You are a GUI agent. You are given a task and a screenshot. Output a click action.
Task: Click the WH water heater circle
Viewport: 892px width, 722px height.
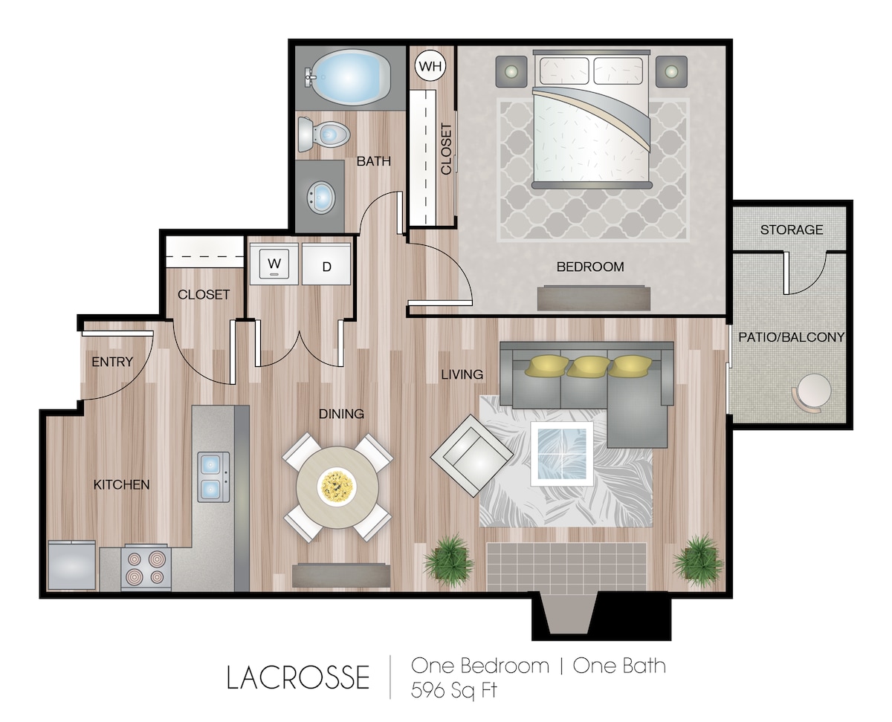(430, 65)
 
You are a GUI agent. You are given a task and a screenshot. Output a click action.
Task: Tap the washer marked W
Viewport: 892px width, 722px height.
(274, 264)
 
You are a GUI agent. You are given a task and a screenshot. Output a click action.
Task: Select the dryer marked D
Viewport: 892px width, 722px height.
(326, 264)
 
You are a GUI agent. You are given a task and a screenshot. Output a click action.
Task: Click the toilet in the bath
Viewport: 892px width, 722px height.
(323, 134)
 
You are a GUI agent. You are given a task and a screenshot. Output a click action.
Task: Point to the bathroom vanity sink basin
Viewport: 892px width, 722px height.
(321, 197)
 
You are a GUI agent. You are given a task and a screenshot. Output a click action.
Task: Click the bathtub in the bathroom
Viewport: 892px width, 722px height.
(349, 77)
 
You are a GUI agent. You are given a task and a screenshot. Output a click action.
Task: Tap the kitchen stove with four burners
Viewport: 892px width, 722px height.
(146, 567)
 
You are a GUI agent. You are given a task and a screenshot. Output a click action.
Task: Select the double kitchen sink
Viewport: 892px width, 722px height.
(213, 477)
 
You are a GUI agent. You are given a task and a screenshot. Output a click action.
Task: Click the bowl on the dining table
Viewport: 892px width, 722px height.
(337, 487)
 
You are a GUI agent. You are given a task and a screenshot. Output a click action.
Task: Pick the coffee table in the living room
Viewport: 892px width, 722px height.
(561, 454)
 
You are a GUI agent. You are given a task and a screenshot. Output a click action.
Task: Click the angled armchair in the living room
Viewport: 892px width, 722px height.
(472, 455)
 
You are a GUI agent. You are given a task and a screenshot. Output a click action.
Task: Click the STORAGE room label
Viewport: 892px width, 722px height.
(792, 230)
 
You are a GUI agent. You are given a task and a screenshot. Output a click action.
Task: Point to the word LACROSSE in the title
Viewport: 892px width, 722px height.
(298, 677)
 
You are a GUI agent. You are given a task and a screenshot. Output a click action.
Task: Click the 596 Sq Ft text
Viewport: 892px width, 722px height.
(453, 690)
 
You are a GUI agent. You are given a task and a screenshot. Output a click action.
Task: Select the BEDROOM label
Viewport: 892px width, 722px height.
(590, 267)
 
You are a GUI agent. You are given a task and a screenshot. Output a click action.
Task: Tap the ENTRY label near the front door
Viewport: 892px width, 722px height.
(112, 362)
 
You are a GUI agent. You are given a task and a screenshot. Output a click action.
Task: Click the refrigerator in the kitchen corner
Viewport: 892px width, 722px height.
(71, 565)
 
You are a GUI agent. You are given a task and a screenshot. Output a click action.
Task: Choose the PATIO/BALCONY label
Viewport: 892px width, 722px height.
(791, 337)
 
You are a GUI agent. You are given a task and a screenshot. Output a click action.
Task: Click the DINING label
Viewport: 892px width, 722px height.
(341, 414)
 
